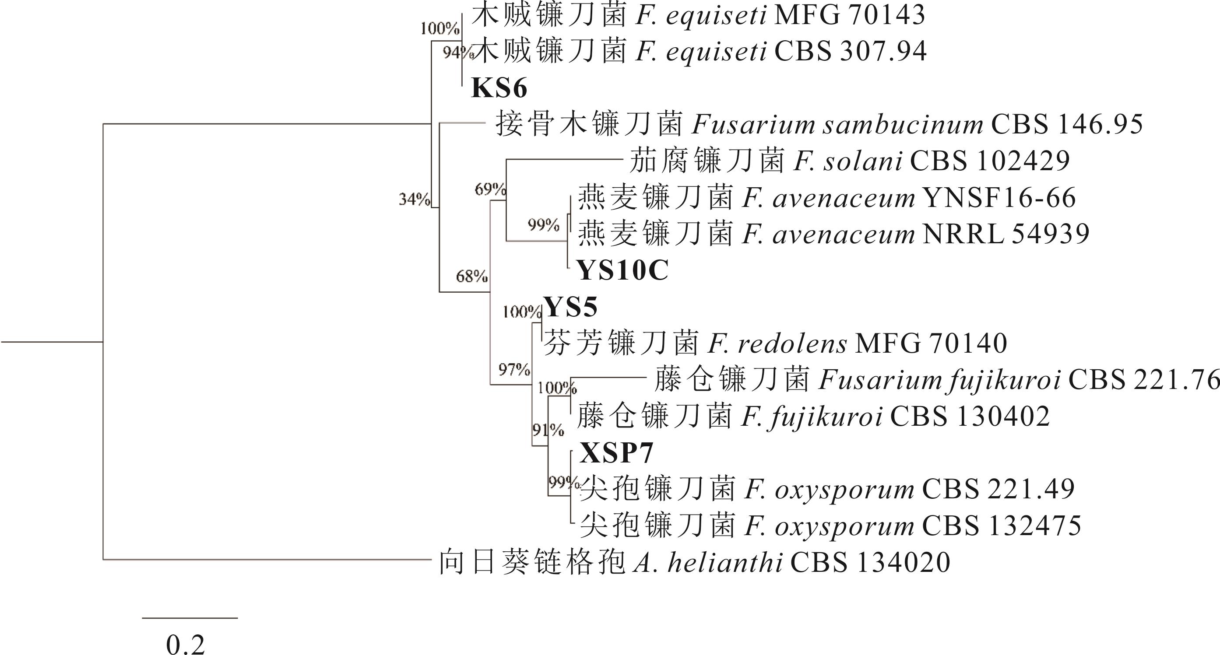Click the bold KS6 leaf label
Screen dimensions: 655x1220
pyautogui.click(x=499, y=88)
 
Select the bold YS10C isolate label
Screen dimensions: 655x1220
pyautogui.click(x=622, y=271)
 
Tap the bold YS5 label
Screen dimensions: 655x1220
pyautogui.click(x=570, y=307)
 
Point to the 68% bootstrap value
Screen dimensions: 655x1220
pyautogui.click(x=472, y=276)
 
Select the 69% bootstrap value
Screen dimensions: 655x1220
pyautogui.click(x=490, y=189)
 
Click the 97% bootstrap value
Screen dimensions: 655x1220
pyautogui.click(x=514, y=369)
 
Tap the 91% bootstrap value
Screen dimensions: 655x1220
pyautogui.click(x=548, y=430)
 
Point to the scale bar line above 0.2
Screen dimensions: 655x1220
pyautogui.click(x=190, y=618)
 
